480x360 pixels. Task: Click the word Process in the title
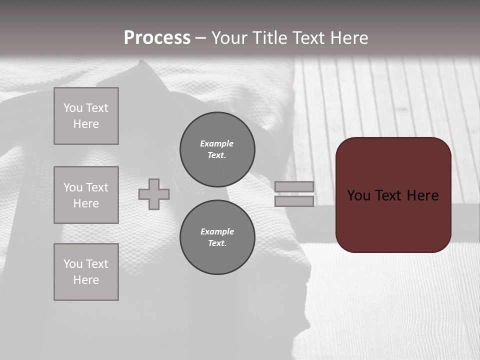(157, 38)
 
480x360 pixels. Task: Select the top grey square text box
(86, 116)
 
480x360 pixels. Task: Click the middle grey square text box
(86, 195)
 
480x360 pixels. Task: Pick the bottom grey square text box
(86, 272)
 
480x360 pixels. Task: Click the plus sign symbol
(154, 194)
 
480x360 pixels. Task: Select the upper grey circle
(217, 149)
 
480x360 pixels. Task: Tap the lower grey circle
(217, 237)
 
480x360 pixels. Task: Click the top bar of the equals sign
(294, 186)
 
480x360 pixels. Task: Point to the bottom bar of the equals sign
(294, 201)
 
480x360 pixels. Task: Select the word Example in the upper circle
(217, 143)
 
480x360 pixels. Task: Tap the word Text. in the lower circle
(217, 243)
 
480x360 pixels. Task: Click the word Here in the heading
(349, 38)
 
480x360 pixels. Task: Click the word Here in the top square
(86, 124)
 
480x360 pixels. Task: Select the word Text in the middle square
(96, 187)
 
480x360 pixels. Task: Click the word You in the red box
(358, 195)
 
